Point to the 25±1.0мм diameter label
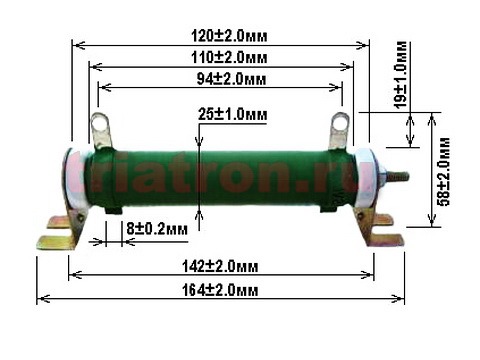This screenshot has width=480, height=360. tap(233, 115)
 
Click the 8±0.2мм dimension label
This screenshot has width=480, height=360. tap(157, 229)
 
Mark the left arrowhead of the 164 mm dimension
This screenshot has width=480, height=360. tap(41, 298)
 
